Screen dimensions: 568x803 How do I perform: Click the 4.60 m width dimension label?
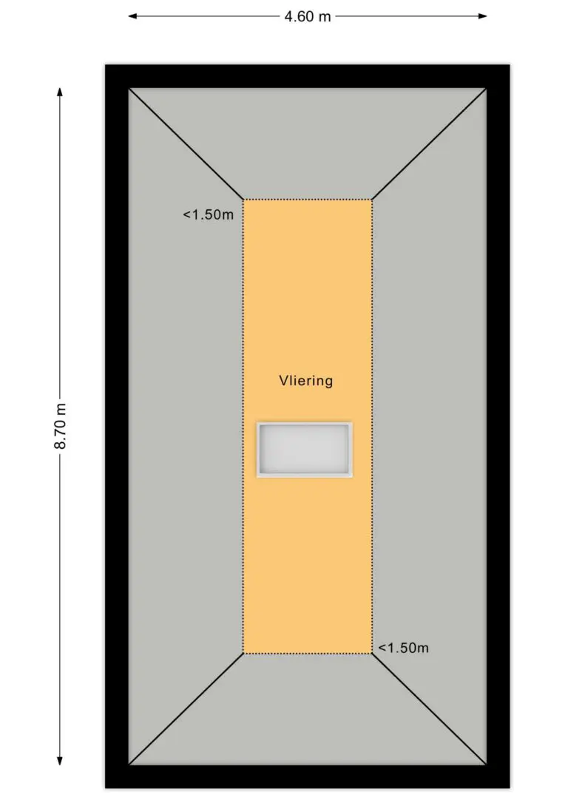[x=308, y=16]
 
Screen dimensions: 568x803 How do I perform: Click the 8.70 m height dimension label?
[x=61, y=426]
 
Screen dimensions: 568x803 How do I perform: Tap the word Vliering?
[x=305, y=381]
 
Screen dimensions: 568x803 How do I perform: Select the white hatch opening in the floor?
[x=304, y=450]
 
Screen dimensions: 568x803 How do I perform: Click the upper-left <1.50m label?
[x=208, y=214]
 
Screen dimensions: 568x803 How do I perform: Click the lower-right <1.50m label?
[x=403, y=648]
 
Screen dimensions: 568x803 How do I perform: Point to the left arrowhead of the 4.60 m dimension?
[x=132, y=16]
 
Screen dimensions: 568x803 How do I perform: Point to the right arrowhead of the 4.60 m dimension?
[x=482, y=16]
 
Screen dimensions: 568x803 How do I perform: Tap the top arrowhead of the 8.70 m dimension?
[x=60, y=92]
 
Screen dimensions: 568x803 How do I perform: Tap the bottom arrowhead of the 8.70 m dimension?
[x=60, y=761]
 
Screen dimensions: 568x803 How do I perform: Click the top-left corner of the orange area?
[x=243, y=200]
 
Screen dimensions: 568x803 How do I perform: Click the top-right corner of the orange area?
[x=372, y=200]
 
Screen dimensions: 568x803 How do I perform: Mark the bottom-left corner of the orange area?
[x=243, y=654]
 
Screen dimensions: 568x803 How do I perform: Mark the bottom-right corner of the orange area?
[x=372, y=654]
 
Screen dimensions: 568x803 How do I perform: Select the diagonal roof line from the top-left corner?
[x=186, y=144]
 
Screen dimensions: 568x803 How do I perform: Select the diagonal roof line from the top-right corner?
[x=429, y=144]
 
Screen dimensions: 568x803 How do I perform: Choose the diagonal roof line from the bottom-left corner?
[x=186, y=709]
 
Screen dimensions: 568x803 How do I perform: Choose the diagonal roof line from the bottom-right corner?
[x=429, y=709]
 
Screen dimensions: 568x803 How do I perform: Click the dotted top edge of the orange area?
[x=308, y=200]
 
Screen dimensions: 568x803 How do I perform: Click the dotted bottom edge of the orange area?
[x=308, y=654]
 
